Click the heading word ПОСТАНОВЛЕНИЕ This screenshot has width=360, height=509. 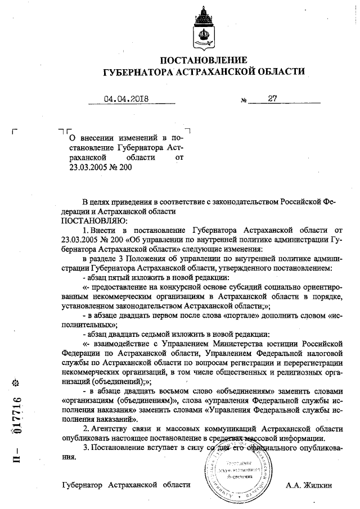(204, 60)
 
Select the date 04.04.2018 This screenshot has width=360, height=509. (125, 99)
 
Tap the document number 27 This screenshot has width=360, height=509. (273, 98)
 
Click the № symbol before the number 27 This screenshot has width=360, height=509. (244, 101)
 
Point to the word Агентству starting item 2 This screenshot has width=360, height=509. (112, 428)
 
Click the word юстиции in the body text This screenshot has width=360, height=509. (280, 343)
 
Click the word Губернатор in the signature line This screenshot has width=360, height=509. (83, 484)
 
